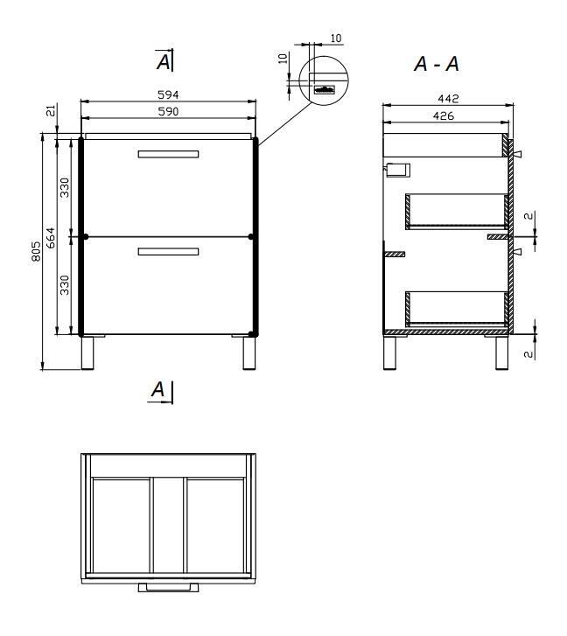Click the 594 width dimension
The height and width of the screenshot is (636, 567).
[x=168, y=94]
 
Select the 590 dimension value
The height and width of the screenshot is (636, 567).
[x=168, y=112]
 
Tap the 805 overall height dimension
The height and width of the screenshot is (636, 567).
[x=36, y=251]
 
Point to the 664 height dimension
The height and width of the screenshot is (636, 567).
[x=50, y=238]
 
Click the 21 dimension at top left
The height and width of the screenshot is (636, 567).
[x=51, y=110]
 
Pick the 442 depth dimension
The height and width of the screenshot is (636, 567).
[x=448, y=99]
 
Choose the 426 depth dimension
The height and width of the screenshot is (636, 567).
[x=444, y=116]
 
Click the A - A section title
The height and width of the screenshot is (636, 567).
[x=437, y=64]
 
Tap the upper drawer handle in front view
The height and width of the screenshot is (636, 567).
[x=168, y=154]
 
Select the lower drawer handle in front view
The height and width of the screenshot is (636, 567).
[x=168, y=252]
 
